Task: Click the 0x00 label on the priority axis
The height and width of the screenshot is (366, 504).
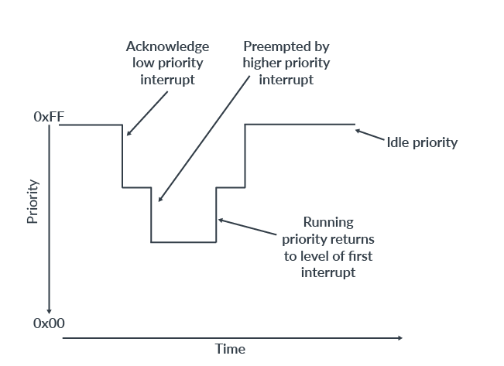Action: tap(49, 324)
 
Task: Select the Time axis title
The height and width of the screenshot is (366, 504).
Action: tap(230, 349)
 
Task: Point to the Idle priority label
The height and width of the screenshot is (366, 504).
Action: tap(422, 142)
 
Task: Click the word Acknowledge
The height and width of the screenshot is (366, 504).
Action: tap(167, 47)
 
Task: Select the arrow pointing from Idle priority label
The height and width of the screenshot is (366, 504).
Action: tap(370, 135)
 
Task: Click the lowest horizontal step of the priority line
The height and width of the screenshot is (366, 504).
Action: tap(183, 242)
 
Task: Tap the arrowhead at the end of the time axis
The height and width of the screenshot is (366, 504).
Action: tap(399, 338)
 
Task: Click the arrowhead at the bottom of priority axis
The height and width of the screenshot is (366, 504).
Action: tap(49, 310)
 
